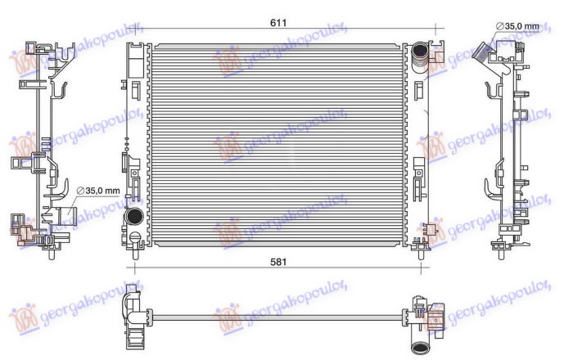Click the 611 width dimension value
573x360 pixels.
pyautogui.click(x=279, y=23)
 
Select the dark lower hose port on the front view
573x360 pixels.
pyautogui.click(x=133, y=218)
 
